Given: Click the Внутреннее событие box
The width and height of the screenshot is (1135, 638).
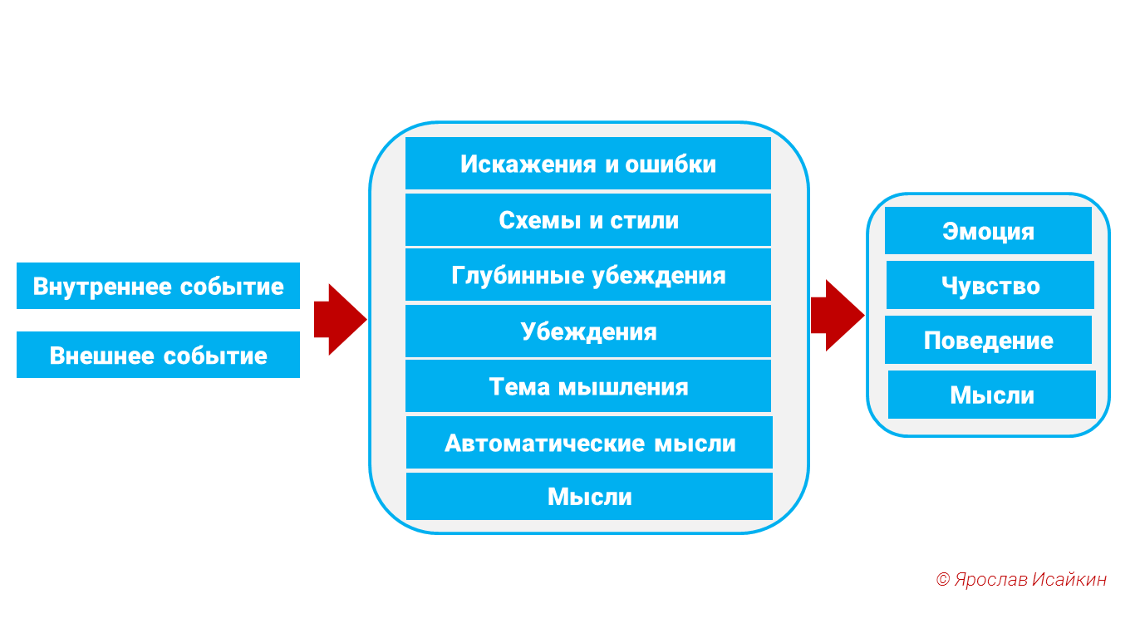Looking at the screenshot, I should (158, 286).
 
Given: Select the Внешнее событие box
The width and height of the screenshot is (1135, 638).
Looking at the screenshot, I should (158, 355).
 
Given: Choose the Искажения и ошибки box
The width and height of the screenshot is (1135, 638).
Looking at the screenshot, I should (588, 164).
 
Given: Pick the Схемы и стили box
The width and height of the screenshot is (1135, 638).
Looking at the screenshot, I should (588, 220).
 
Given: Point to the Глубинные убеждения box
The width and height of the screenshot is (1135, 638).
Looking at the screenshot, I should (588, 275).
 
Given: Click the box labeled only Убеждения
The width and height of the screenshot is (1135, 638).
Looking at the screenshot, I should (588, 331).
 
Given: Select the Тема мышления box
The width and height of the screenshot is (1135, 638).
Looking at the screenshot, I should (588, 386).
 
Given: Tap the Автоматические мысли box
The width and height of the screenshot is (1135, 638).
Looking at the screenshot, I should (589, 443).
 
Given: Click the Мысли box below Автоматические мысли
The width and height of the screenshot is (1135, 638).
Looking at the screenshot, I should (589, 497).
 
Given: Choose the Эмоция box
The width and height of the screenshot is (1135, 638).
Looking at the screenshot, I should (988, 231).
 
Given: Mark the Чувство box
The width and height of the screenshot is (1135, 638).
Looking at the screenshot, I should (990, 286).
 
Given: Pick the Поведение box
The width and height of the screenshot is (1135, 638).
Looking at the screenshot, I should (988, 341).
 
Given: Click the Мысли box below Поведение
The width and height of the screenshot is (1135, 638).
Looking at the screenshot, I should (992, 395).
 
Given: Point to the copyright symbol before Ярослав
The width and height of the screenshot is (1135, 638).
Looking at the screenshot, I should (942, 580).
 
